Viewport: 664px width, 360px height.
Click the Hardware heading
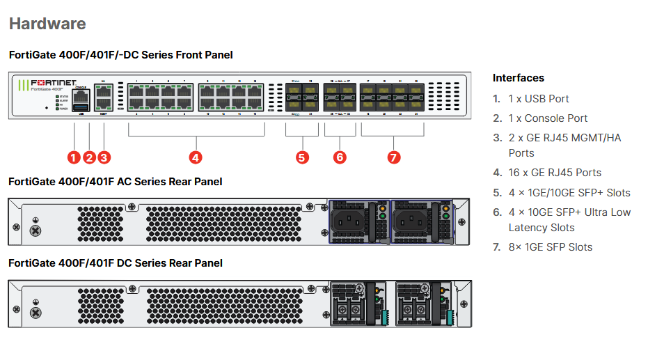(x=47, y=24)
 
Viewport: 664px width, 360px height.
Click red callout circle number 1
(x=74, y=157)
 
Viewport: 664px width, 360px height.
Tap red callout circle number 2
(x=89, y=157)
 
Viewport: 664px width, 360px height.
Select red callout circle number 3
(x=104, y=157)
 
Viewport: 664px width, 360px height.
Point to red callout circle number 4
(x=196, y=157)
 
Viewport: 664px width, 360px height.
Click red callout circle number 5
(x=302, y=157)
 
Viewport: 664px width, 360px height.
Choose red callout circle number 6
(x=340, y=157)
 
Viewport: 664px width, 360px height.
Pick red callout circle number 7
(x=394, y=157)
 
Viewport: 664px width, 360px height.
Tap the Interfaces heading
(x=519, y=78)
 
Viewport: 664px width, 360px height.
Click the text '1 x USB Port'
(x=539, y=99)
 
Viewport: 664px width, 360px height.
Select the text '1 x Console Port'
(x=548, y=118)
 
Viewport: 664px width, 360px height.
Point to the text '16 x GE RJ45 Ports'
(x=555, y=173)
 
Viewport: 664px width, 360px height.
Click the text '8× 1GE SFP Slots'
(x=551, y=247)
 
